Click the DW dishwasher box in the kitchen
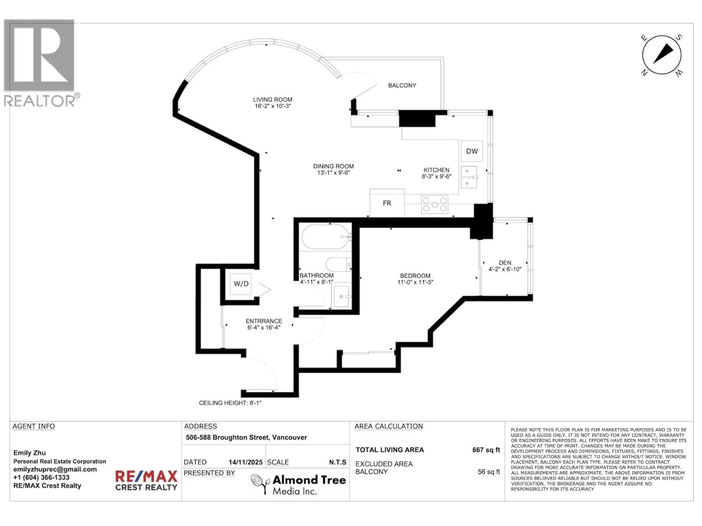click(x=472, y=151)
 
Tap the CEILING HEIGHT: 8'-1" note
click(x=230, y=403)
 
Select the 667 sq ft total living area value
click(x=486, y=450)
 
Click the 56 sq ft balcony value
click(x=488, y=472)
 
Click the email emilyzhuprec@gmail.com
click(x=55, y=469)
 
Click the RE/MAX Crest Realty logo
click(x=146, y=480)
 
